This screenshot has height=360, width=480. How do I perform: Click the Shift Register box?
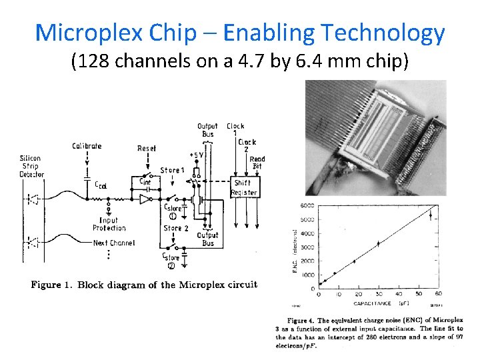pyautogui.click(x=244, y=187)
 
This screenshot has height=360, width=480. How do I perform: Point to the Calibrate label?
pyautogui.click(x=87, y=146)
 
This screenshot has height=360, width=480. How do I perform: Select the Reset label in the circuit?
pyautogui.click(x=147, y=148)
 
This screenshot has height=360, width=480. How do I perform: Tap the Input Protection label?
pyautogui.click(x=109, y=224)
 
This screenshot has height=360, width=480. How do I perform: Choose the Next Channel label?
pyautogui.click(x=113, y=243)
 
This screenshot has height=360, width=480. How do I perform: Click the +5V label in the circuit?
pyautogui.click(x=197, y=155)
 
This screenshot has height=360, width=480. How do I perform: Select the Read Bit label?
pyautogui.click(x=257, y=162)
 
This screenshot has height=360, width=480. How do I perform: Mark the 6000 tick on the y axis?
pyautogui.click(x=307, y=205)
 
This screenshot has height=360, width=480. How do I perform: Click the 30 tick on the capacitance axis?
pyautogui.click(x=378, y=294)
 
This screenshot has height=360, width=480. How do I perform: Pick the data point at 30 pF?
pyautogui.click(x=378, y=244)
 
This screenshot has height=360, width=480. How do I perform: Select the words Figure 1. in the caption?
pyautogui.click(x=52, y=285)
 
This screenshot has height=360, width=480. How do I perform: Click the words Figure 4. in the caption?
pyautogui.click(x=294, y=321)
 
